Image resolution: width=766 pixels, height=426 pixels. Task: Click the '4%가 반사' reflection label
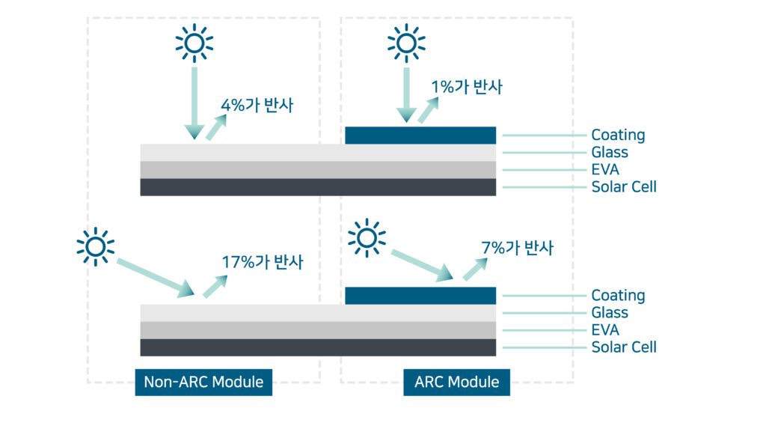point(257,106)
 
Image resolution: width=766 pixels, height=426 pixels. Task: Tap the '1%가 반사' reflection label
point(467,88)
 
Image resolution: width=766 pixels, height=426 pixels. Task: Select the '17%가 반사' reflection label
point(263,263)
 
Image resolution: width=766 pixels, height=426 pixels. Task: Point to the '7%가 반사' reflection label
point(517,248)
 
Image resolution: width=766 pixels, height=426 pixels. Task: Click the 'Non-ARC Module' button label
point(203,382)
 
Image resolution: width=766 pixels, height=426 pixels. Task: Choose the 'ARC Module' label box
point(456,382)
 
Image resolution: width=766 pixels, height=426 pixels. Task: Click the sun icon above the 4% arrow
point(194,43)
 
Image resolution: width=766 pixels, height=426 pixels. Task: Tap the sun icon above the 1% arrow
point(406,43)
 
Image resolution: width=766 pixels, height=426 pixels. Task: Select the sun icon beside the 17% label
point(95,246)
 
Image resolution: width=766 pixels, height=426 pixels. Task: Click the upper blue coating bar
point(420,136)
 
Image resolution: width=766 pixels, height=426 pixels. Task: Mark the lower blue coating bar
point(420,296)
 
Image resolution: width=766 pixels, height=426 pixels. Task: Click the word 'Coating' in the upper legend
point(618,136)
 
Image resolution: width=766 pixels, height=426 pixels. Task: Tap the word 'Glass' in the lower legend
point(610,313)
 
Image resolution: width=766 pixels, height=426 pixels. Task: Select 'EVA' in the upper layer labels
point(605,170)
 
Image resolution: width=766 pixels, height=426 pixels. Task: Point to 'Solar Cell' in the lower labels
point(624,347)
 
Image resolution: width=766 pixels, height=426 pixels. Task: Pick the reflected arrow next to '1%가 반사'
point(429,110)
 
